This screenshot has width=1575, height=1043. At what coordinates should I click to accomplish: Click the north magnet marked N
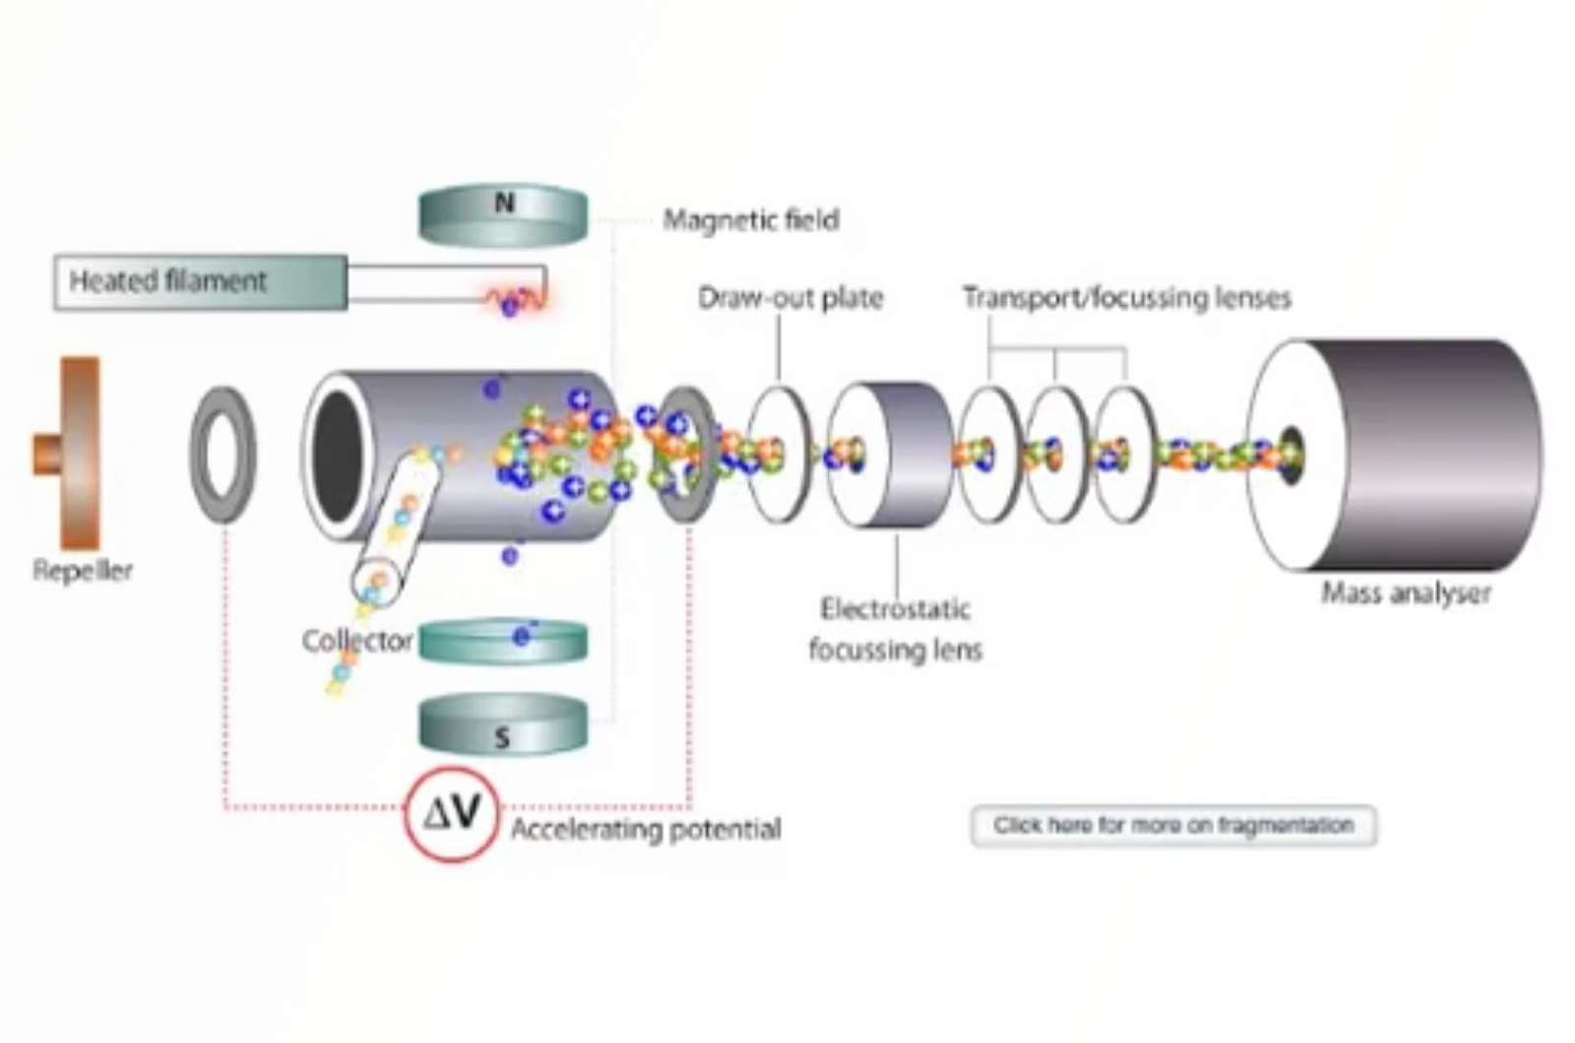pyautogui.click(x=503, y=215)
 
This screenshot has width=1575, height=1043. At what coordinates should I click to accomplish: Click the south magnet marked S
pyautogui.click(x=503, y=726)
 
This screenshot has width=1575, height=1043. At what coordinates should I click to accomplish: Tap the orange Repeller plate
pyautogui.click(x=79, y=453)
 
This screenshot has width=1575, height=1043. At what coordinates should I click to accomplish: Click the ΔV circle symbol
pyautogui.click(x=453, y=813)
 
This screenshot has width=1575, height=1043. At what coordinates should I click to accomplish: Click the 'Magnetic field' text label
pyautogui.click(x=751, y=219)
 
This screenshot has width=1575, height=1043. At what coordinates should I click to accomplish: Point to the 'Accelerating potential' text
pyautogui.click(x=646, y=829)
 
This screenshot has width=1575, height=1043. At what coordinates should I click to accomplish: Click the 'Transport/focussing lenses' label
pyautogui.click(x=1126, y=297)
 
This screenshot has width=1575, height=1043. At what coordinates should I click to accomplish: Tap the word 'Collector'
pyautogui.click(x=357, y=642)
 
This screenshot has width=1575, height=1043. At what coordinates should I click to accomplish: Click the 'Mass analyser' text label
pyautogui.click(x=1406, y=593)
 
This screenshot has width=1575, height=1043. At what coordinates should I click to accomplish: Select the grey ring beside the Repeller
pyautogui.click(x=222, y=455)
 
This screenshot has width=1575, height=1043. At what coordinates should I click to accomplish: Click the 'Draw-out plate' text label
pyautogui.click(x=790, y=297)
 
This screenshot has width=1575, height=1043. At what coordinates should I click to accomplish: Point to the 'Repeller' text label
pyautogui.click(x=83, y=571)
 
